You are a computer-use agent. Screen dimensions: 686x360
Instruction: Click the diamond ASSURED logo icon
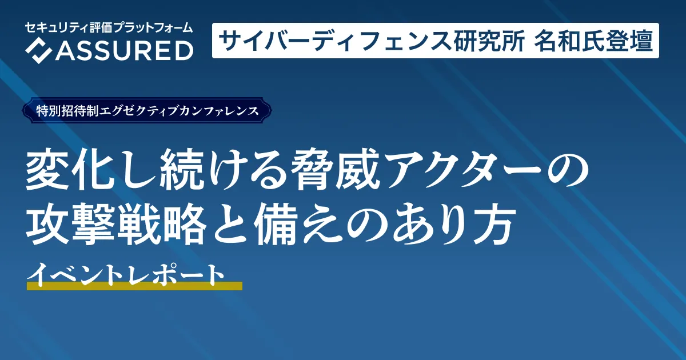click(x=38, y=51)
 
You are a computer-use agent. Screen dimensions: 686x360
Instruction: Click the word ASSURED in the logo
click(x=124, y=51)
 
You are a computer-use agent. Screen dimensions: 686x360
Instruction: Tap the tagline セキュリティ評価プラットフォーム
click(x=109, y=28)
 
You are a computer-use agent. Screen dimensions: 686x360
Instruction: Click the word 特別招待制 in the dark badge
click(x=67, y=111)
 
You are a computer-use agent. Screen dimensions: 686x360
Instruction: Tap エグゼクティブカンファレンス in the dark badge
click(x=179, y=111)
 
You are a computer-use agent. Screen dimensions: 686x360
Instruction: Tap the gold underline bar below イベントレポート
click(x=134, y=286)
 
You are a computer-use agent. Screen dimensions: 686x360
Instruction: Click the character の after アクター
click(x=568, y=170)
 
